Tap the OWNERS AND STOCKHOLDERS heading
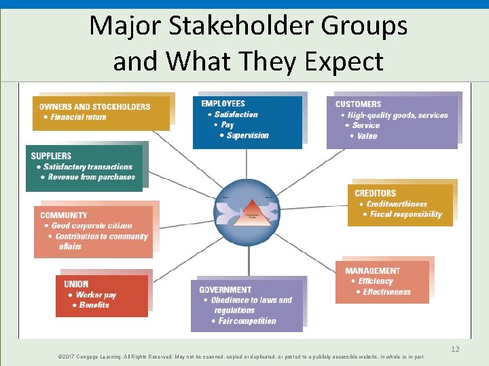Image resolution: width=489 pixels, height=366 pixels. click(95, 106)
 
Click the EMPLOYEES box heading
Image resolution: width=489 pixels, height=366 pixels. click(223, 104)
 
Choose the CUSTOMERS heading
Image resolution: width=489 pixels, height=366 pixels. click(358, 104)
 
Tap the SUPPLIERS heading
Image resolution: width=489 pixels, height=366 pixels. click(51, 156)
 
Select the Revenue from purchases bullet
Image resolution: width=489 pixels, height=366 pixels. click(92, 177)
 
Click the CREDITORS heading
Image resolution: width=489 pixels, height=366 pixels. click(375, 193)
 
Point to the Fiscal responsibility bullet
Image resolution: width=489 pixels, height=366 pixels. click(406, 214)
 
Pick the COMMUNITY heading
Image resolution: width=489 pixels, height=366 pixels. click(64, 216)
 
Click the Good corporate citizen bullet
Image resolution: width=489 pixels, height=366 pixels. click(92, 226)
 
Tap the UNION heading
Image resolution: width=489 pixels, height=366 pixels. click(76, 284)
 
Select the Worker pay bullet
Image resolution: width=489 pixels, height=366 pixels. click(96, 295)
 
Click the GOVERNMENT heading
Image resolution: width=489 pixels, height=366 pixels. click(225, 289)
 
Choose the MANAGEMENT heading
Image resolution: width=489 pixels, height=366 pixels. click(373, 270)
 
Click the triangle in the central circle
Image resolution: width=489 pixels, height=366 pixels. click(251, 211)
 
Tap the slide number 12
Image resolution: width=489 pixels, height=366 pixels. click(455, 349)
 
